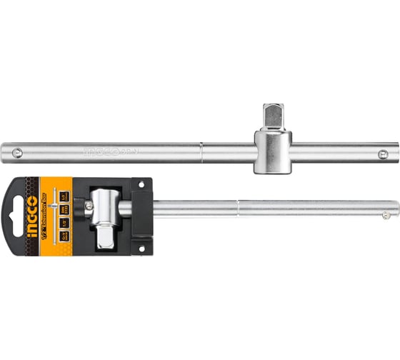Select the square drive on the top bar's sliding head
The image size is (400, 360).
pos(272,116)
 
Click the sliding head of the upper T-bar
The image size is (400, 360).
pos(272,150)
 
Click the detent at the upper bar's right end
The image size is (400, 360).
pos(386,152)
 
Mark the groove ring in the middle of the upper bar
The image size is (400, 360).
pos(201,151)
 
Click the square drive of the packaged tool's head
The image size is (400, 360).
pos(104,233)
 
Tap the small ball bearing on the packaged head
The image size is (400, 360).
pos(89,207)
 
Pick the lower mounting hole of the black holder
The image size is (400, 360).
pos(141,246)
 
